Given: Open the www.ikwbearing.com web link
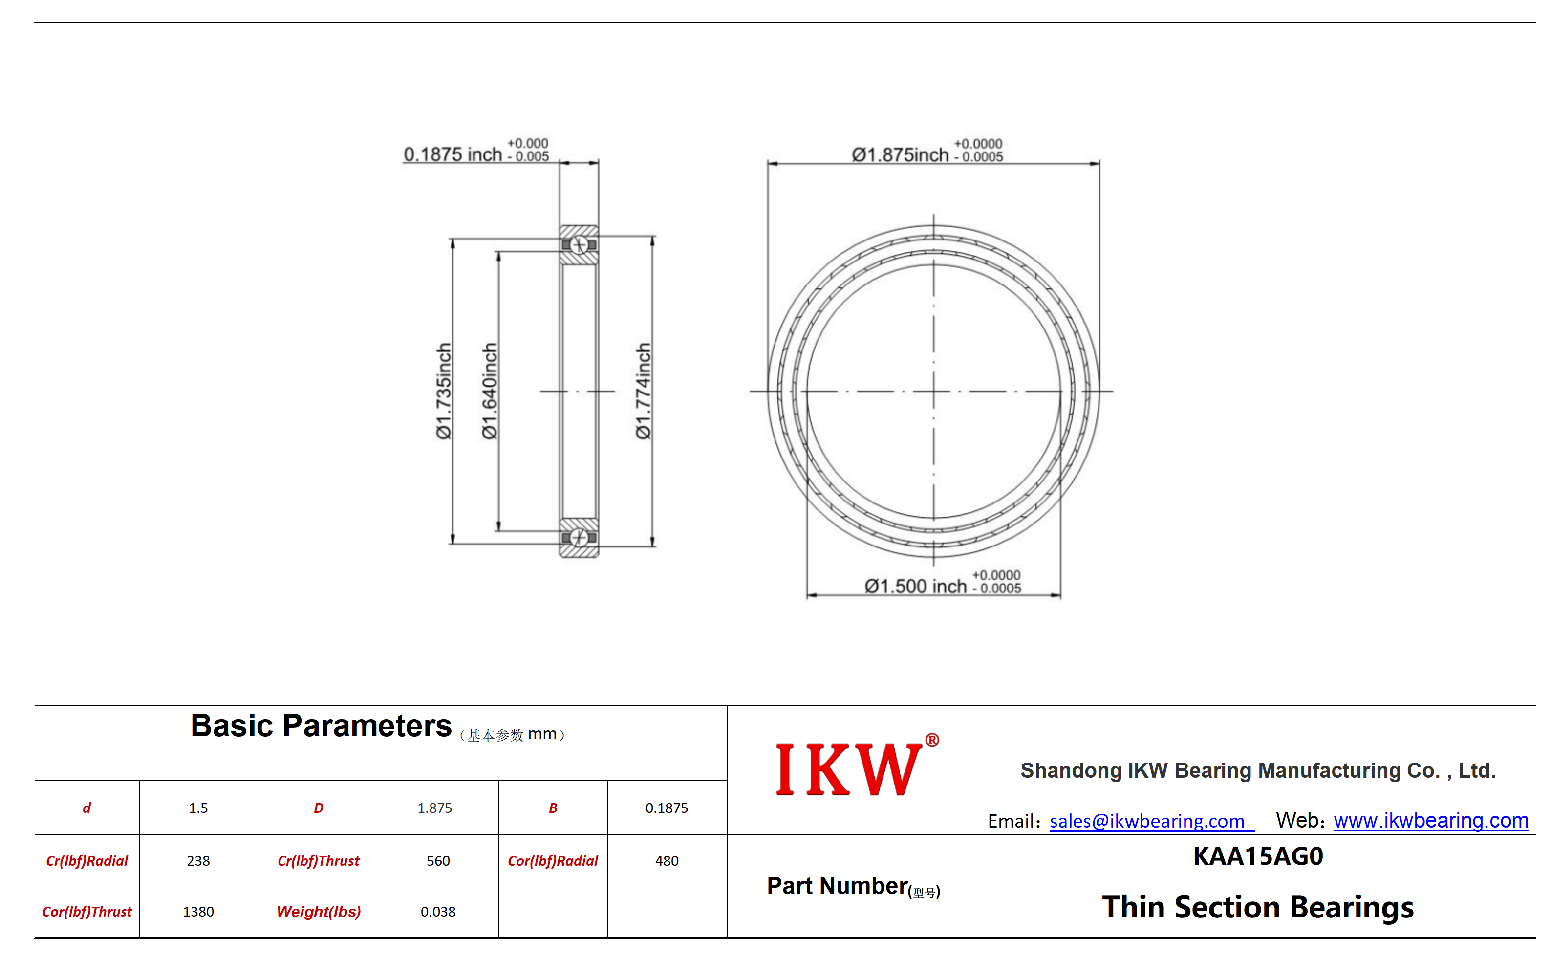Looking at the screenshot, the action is point(1430,821).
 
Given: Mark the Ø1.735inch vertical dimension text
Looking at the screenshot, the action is point(444,391).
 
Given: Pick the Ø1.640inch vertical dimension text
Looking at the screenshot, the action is point(489,391).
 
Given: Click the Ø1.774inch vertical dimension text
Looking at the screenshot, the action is point(643,391).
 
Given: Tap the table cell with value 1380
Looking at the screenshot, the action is point(198,912).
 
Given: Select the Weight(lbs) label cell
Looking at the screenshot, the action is point(318,912).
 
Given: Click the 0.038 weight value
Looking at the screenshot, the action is point(438,912).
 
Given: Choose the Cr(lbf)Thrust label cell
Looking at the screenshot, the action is point(318,861).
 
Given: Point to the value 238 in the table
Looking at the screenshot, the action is point(198,861).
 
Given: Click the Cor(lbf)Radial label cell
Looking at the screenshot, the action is point(553,861).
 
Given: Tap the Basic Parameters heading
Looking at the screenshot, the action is point(321,726).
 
